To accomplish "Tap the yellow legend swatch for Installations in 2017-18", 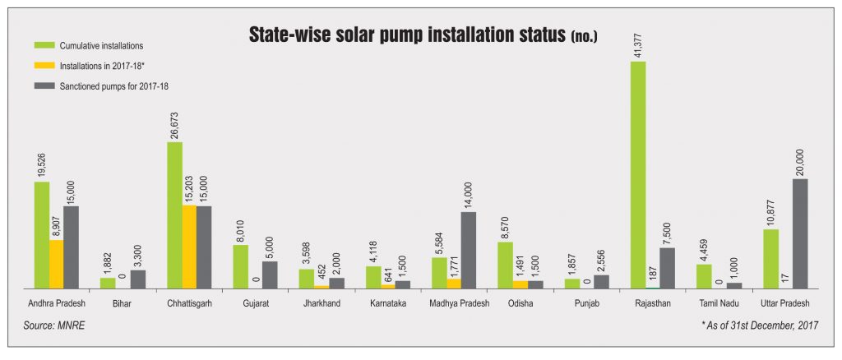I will pyautogui.click(x=42, y=65).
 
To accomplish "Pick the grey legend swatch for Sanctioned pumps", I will pyautogui.click(x=42, y=85).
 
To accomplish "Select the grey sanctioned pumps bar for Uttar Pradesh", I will pyautogui.click(x=800, y=233).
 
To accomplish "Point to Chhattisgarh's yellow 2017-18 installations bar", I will pyautogui.click(x=189, y=247).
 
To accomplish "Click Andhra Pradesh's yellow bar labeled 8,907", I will pyautogui.click(x=56, y=264).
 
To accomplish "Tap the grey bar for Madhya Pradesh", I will pyautogui.click(x=468, y=250).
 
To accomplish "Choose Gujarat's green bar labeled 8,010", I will pyautogui.click(x=240, y=266).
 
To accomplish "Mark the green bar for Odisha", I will pyautogui.click(x=505, y=265).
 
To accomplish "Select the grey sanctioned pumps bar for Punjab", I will pyautogui.click(x=601, y=281).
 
